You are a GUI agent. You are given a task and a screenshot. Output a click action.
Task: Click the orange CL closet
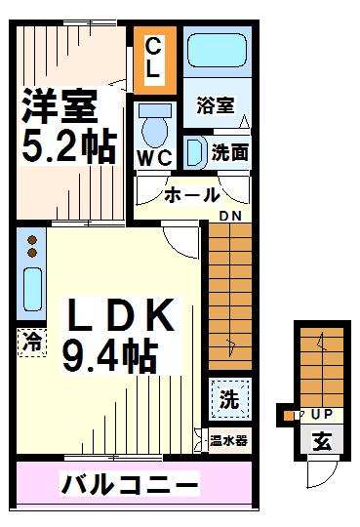click(153, 58)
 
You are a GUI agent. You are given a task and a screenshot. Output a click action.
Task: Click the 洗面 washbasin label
click(230, 152)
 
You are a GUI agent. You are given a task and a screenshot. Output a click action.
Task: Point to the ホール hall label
click(191, 195)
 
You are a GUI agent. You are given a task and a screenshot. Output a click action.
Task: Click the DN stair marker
click(229, 216)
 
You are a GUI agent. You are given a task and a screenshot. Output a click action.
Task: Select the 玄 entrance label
click(321, 441)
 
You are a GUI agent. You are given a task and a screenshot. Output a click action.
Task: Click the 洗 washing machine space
click(228, 398)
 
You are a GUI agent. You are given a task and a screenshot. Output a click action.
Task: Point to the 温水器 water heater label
click(228, 439)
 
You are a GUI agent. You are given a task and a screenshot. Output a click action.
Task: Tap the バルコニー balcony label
click(131, 483)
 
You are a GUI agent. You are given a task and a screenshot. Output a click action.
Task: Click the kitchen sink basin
click(31, 290)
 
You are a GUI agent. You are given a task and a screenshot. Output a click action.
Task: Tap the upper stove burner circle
click(31, 238)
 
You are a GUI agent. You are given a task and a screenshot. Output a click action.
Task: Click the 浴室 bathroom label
click(214, 104)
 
